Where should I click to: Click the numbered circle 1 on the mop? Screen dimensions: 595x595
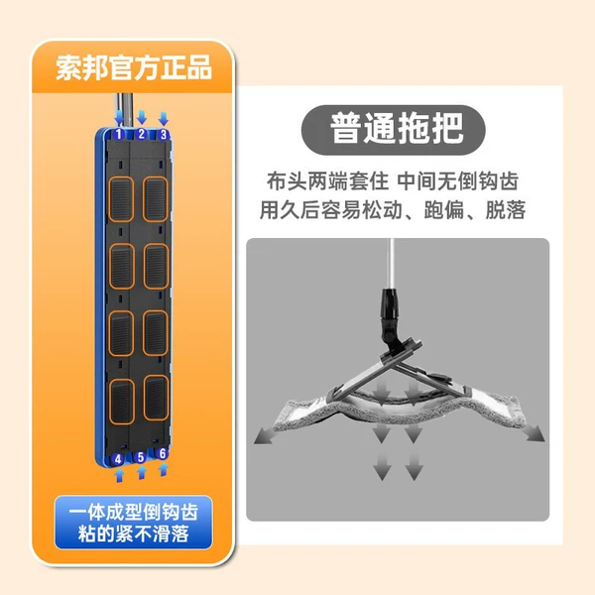click(119, 134)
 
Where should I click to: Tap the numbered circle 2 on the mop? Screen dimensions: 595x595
click(142, 134)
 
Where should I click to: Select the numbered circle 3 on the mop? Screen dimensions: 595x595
click(164, 134)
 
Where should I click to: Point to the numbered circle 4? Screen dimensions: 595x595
click(118, 459)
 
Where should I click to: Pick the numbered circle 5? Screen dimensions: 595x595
click(141, 457)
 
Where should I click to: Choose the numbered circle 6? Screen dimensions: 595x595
click(163, 453)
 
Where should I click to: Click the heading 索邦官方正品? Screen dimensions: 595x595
click(134, 67)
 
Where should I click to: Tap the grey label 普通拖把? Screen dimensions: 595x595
click(393, 129)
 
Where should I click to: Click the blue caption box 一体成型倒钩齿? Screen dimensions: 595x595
click(134, 523)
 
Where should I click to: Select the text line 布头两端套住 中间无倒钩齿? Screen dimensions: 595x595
click(393, 181)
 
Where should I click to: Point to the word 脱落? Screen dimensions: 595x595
click(506, 209)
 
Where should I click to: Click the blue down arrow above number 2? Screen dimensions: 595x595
click(142, 117)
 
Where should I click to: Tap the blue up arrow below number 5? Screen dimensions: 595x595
click(141, 472)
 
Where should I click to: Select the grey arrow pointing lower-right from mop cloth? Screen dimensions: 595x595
click(534, 433)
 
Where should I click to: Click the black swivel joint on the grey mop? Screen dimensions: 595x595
click(391, 317)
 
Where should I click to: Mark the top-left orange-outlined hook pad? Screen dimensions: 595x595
click(121, 199)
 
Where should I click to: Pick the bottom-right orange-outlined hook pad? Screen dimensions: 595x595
click(156, 398)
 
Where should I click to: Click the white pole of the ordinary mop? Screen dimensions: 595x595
click(391, 264)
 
